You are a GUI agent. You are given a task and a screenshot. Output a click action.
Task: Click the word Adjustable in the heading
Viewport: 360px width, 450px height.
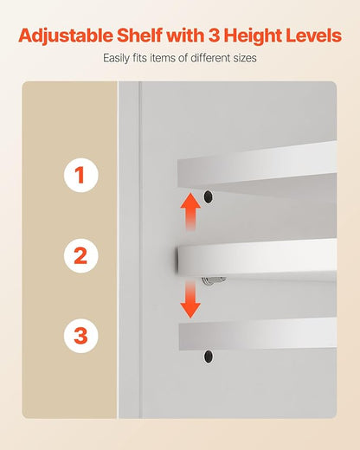click(x=66, y=36)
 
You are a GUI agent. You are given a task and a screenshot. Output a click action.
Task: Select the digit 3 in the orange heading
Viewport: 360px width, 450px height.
click(x=214, y=35)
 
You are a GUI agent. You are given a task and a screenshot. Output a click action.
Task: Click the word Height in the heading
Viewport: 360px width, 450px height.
click(x=253, y=36)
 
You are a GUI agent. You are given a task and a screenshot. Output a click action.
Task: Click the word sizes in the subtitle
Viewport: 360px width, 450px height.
click(x=246, y=59)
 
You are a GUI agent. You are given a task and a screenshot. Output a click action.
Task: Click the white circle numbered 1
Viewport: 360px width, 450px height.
click(x=81, y=175)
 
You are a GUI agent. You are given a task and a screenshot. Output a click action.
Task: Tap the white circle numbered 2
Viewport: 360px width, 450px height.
click(x=81, y=256)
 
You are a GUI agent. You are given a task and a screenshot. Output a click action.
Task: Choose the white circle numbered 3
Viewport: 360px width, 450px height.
click(x=81, y=336)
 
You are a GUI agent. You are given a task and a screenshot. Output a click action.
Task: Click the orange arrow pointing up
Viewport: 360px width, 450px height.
click(x=190, y=212)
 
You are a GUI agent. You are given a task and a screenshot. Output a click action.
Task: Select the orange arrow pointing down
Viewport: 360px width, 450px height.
click(x=190, y=299)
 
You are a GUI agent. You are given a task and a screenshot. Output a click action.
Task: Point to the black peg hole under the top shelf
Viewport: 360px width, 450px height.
click(x=209, y=196)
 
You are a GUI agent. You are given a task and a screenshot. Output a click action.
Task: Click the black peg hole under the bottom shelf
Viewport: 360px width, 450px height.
click(x=209, y=357)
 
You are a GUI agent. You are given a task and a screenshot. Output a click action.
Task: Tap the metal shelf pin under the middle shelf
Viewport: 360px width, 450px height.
click(x=214, y=280)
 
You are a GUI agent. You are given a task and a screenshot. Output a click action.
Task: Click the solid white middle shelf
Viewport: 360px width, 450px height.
click(x=257, y=258)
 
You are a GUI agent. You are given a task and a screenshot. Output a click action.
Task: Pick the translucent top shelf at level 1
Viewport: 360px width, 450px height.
click(x=257, y=167)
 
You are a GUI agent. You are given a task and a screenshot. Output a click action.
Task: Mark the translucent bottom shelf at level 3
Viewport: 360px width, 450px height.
click(x=258, y=335)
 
